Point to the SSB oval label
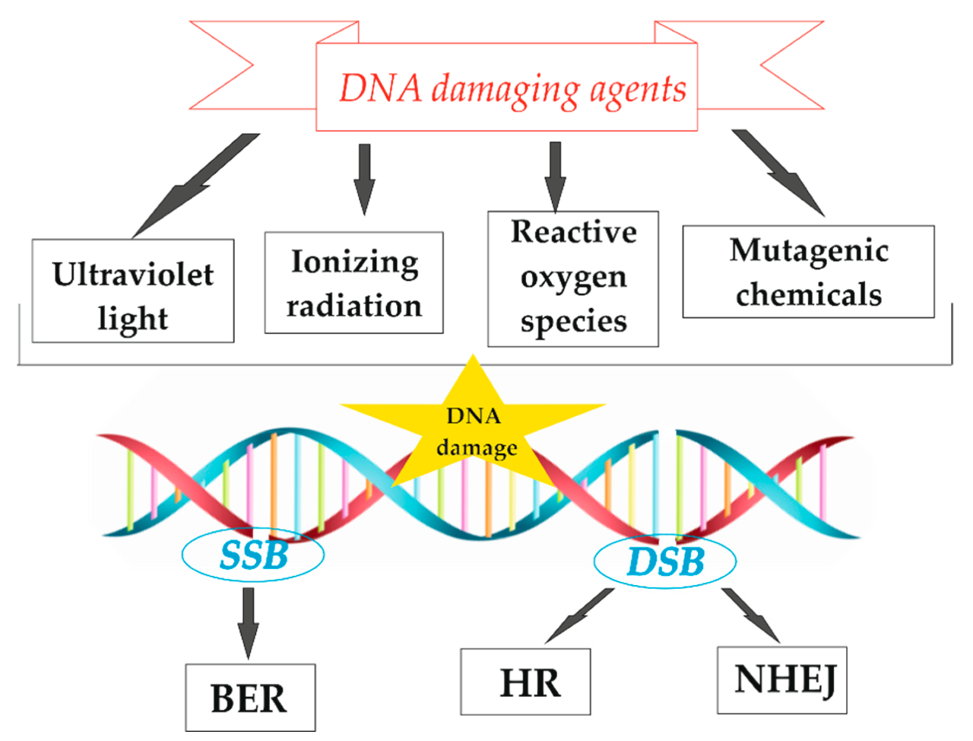tap(253, 555)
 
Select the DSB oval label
tap(665, 561)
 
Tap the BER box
tap(250, 698)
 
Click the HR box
tap(525, 682)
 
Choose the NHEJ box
tap(782, 680)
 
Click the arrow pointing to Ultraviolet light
tap(195, 186)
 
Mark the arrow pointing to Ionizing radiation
tap(364, 180)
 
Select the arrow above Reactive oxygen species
tap(555, 177)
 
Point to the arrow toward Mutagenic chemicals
tap(778, 173)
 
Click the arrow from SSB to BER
tap(249, 624)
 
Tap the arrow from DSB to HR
tap(580, 616)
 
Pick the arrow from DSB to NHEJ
tap(751, 615)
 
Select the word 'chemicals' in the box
tap(809, 294)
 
